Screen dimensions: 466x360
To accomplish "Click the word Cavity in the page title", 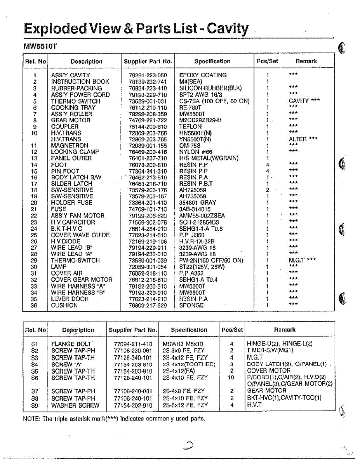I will (x=228, y=28).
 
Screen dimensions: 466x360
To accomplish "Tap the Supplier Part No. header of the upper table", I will (x=148, y=61).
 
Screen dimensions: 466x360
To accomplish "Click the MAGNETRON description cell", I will (x=70, y=146).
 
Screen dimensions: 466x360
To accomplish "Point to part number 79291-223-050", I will (x=148, y=75).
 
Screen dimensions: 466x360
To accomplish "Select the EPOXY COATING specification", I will (x=203, y=75).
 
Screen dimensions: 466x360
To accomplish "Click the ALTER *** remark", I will (x=303, y=139).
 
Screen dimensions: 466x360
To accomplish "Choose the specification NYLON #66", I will (x=196, y=152).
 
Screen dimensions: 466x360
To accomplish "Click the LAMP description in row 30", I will (x=59, y=267).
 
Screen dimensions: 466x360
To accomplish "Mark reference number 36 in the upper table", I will (x=34, y=305).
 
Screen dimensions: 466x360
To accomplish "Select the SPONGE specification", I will (x=191, y=305).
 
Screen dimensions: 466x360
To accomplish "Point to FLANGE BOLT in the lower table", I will (x=72, y=344).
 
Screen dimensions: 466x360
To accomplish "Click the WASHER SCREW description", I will (x=75, y=405).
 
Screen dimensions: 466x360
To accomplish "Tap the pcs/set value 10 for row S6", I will (x=231, y=377).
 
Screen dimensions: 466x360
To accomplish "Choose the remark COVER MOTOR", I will (x=268, y=371).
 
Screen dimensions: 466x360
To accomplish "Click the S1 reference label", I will (x=35, y=344).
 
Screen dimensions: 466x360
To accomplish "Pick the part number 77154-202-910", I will (x=133, y=405).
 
